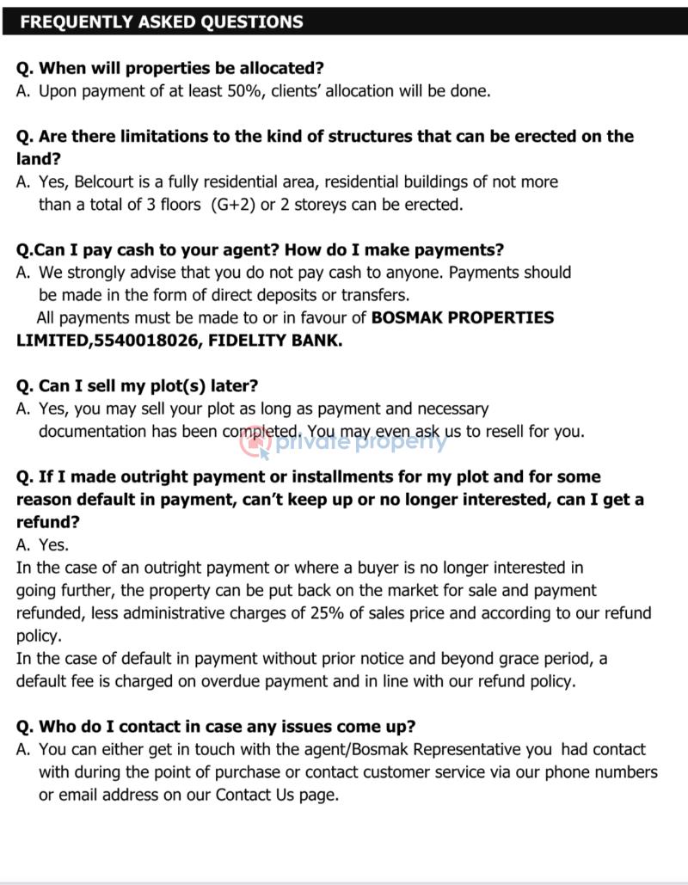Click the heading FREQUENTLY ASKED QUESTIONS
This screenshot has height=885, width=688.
coord(161,22)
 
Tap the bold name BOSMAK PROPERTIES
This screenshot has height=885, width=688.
coord(462,317)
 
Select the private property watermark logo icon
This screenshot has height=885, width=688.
coord(255,442)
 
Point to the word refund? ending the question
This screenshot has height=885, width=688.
coord(48,522)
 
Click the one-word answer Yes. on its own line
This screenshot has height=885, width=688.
coord(53,544)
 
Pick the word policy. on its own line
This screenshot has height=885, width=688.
coord(40,636)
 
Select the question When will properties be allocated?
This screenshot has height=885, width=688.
coord(170,68)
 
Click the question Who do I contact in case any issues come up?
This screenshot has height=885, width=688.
coord(216,727)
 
